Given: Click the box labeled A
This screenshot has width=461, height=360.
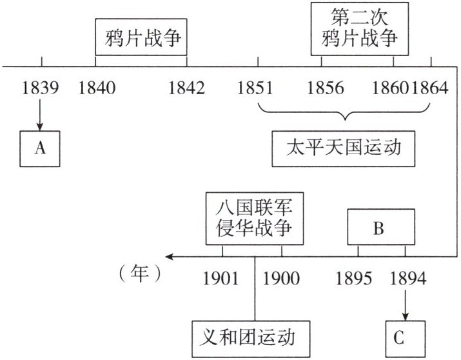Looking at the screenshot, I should click(41, 148).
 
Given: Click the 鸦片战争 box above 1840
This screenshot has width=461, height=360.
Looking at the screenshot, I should click(141, 39).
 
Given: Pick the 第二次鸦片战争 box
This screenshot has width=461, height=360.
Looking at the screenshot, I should click(360, 28).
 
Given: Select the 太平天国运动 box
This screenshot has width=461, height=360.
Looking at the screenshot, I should click(344, 149).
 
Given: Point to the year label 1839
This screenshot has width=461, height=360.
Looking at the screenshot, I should click(40, 86).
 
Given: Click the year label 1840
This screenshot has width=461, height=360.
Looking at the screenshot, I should click(97, 86).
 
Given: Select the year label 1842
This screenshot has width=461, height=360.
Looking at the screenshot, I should click(186, 86).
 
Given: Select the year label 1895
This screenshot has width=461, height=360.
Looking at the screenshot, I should click(354, 278).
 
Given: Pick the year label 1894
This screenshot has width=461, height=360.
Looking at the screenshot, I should click(407, 278).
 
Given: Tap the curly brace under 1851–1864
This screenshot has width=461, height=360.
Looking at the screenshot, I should click(345, 115).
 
